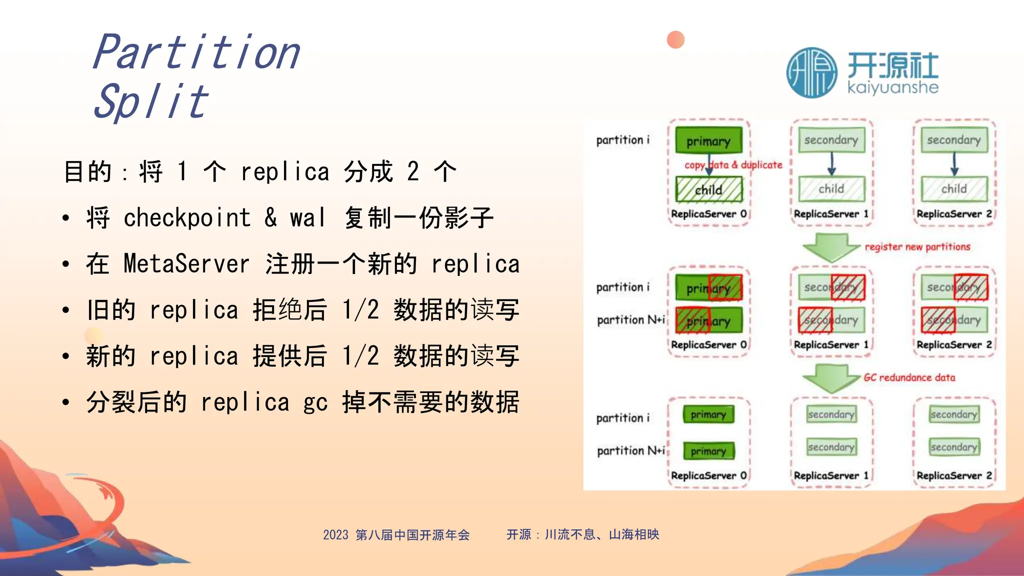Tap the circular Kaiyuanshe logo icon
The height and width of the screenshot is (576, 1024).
(811, 73)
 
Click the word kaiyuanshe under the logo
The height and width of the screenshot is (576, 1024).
(893, 88)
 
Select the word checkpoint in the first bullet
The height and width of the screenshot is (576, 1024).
(187, 218)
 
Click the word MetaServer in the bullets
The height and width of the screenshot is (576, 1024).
(186, 264)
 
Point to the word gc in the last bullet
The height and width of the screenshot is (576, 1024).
(315, 402)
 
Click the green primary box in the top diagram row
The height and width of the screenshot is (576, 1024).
(708, 141)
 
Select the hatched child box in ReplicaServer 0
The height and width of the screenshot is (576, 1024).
(708, 189)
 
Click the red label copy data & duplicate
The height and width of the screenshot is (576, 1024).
(733, 165)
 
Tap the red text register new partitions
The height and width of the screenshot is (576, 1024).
(917, 246)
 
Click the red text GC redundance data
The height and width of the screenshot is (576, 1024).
(909, 377)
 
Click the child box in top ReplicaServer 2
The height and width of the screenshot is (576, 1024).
(954, 188)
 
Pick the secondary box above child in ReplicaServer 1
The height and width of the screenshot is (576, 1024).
(831, 140)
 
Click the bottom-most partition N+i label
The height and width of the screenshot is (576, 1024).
(631, 450)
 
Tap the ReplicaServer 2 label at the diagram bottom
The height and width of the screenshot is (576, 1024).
(954, 475)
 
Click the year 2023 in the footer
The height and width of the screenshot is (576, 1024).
(335, 535)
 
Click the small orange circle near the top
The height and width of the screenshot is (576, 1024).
(675, 39)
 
